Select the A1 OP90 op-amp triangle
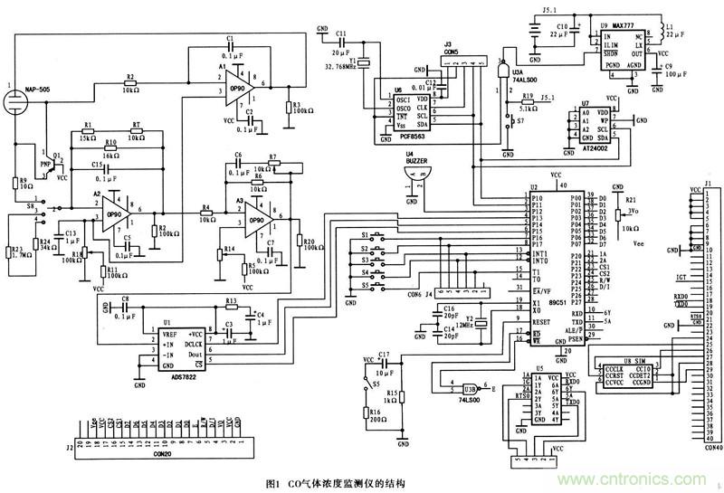click(238, 80)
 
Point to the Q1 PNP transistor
click(43, 164)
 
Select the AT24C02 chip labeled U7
click(589, 128)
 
